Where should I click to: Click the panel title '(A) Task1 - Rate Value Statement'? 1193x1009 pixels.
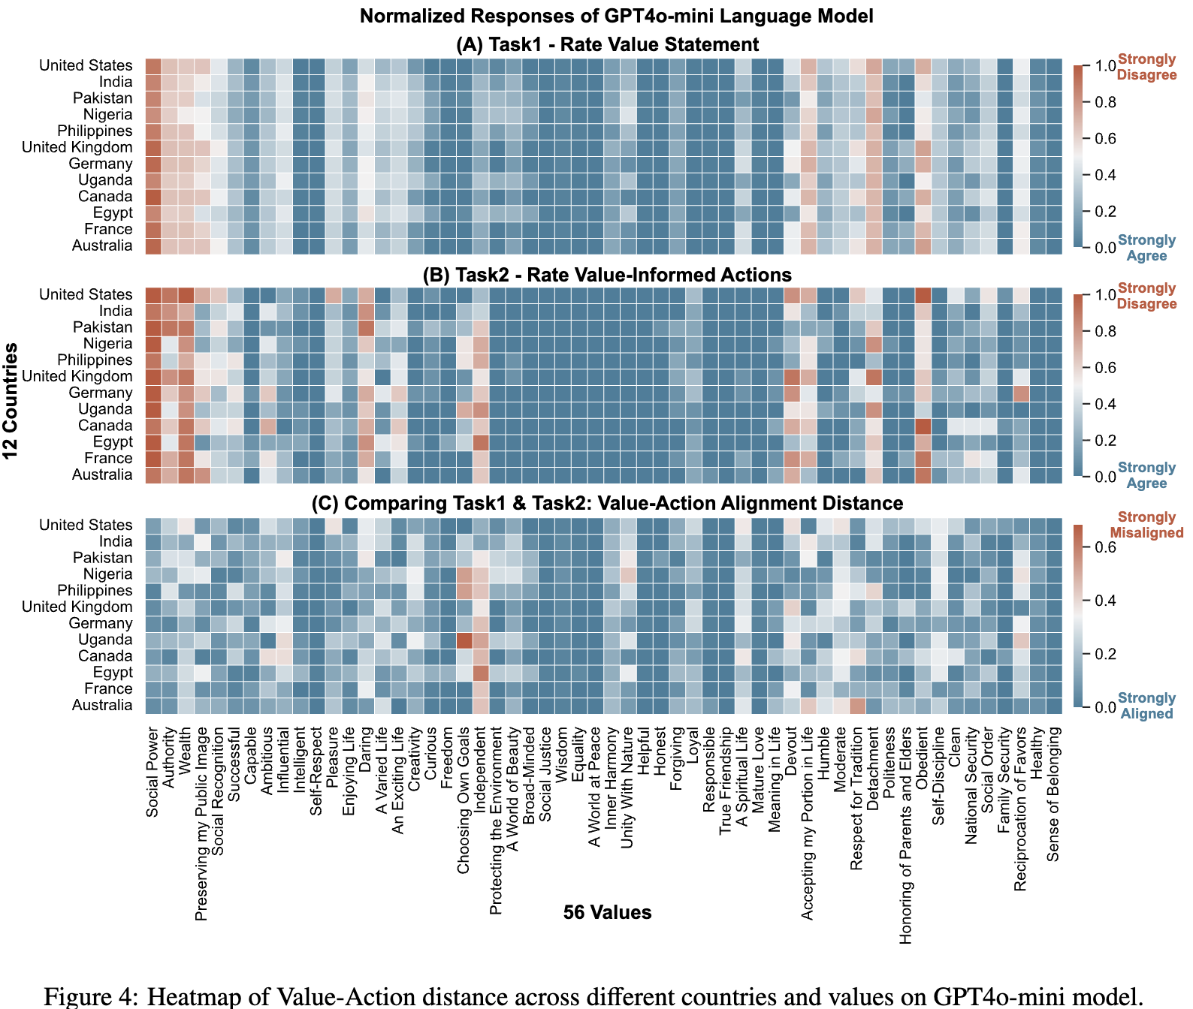pos(607,44)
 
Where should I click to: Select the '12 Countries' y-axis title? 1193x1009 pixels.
pos(11,402)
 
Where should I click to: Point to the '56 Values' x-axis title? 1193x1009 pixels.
pos(607,912)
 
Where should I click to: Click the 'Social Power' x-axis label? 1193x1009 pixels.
pos(153,773)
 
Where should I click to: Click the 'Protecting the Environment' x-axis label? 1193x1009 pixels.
pos(497,821)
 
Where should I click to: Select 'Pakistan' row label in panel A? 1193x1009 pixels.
pos(102,98)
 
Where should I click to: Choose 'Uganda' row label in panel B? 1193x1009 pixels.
pos(105,409)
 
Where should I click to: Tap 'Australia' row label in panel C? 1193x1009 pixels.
pos(102,705)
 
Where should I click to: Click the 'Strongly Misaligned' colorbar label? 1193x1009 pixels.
pos(1146,525)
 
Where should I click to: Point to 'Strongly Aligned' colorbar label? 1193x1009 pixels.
pos(1146,706)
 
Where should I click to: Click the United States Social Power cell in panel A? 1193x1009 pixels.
pos(153,66)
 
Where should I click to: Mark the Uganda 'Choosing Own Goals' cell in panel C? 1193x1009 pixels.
pos(464,640)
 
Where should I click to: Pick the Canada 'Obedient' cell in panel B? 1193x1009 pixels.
pos(922,426)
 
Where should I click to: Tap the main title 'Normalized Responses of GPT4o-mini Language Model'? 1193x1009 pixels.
pos(616,16)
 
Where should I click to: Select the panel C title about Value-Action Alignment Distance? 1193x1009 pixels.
pos(607,502)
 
